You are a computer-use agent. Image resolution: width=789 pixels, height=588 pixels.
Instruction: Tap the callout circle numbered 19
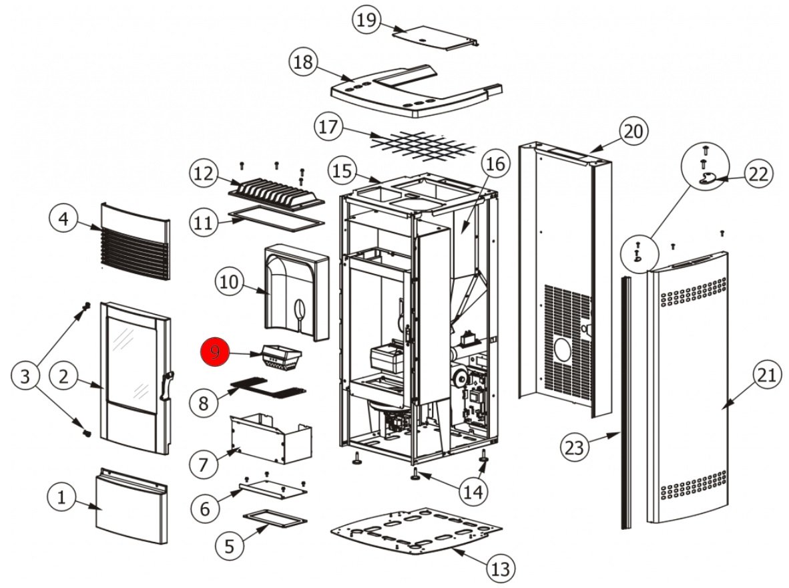pyautogui.click(x=366, y=20)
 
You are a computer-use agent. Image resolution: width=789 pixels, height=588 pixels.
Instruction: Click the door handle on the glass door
pyautogui.click(x=166, y=388)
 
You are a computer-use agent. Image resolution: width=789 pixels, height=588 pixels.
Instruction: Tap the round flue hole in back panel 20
pyautogui.click(x=563, y=351)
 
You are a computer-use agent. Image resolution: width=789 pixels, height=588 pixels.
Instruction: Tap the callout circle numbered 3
pyautogui.click(x=25, y=377)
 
